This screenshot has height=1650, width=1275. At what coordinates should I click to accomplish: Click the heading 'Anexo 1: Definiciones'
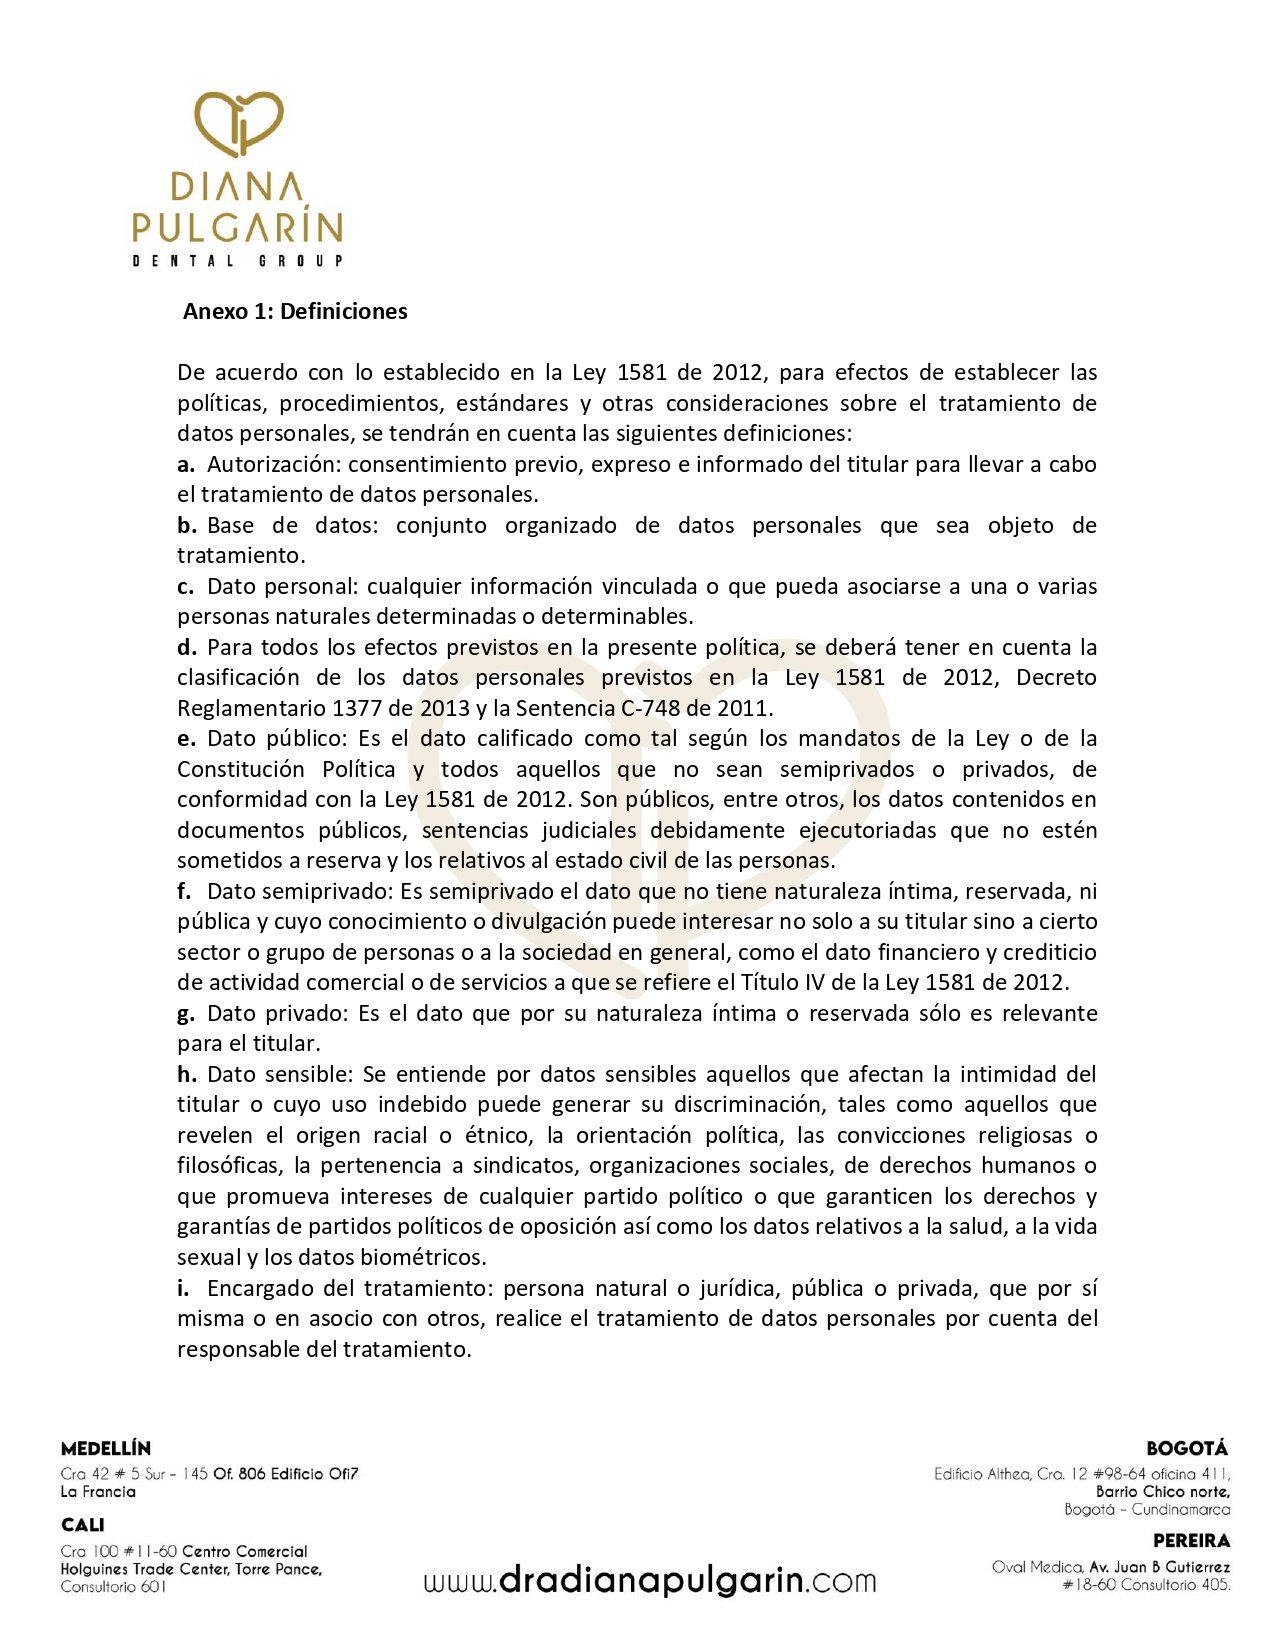pyautogui.click(x=295, y=311)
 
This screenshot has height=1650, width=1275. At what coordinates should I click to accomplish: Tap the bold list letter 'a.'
pyautogui.click(x=186, y=464)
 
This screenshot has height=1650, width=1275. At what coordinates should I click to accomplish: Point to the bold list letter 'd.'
pyautogui.click(x=187, y=647)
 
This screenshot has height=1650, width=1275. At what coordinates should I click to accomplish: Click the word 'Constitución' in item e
pyautogui.click(x=241, y=769)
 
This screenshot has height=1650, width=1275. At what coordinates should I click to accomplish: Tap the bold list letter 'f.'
pyautogui.click(x=185, y=891)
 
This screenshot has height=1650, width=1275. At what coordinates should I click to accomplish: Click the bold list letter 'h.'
pyautogui.click(x=187, y=1074)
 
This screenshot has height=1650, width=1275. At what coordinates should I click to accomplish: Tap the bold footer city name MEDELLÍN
pyautogui.click(x=106, y=1448)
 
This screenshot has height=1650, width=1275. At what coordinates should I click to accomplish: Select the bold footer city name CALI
pyautogui.click(x=82, y=1525)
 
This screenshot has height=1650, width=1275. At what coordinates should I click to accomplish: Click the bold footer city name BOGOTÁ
pyautogui.click(x=1188, y=1448)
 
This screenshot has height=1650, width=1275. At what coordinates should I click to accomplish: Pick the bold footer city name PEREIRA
pyautogui.click(x=1191, y=1541)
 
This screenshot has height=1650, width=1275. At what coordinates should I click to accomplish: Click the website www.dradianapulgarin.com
pyautogui.click(x=649, y=1581)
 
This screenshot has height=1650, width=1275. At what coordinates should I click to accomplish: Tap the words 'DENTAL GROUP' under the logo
pyautogui.click(x=238, y=261)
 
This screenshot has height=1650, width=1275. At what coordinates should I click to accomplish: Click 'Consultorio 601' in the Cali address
pyautogui.click(x=113, y=1587)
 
